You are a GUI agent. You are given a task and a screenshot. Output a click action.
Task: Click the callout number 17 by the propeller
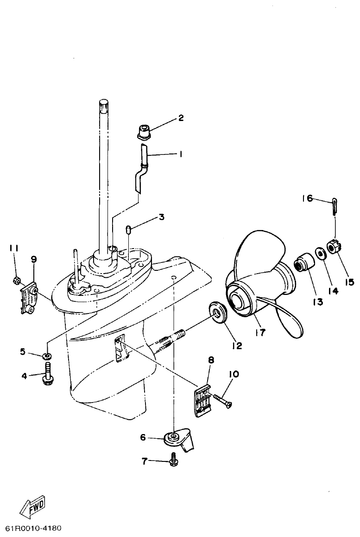pos(261,332)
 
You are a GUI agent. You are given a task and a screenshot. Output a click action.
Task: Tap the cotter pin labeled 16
pos(335,206)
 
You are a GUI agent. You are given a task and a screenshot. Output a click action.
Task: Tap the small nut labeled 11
pos(15,280)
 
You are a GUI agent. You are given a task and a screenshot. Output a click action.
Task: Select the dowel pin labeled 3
pos(129,230)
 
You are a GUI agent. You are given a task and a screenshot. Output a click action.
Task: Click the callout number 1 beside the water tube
pos(181,155)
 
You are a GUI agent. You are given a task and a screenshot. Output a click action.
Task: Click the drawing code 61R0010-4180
pos(33,529)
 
